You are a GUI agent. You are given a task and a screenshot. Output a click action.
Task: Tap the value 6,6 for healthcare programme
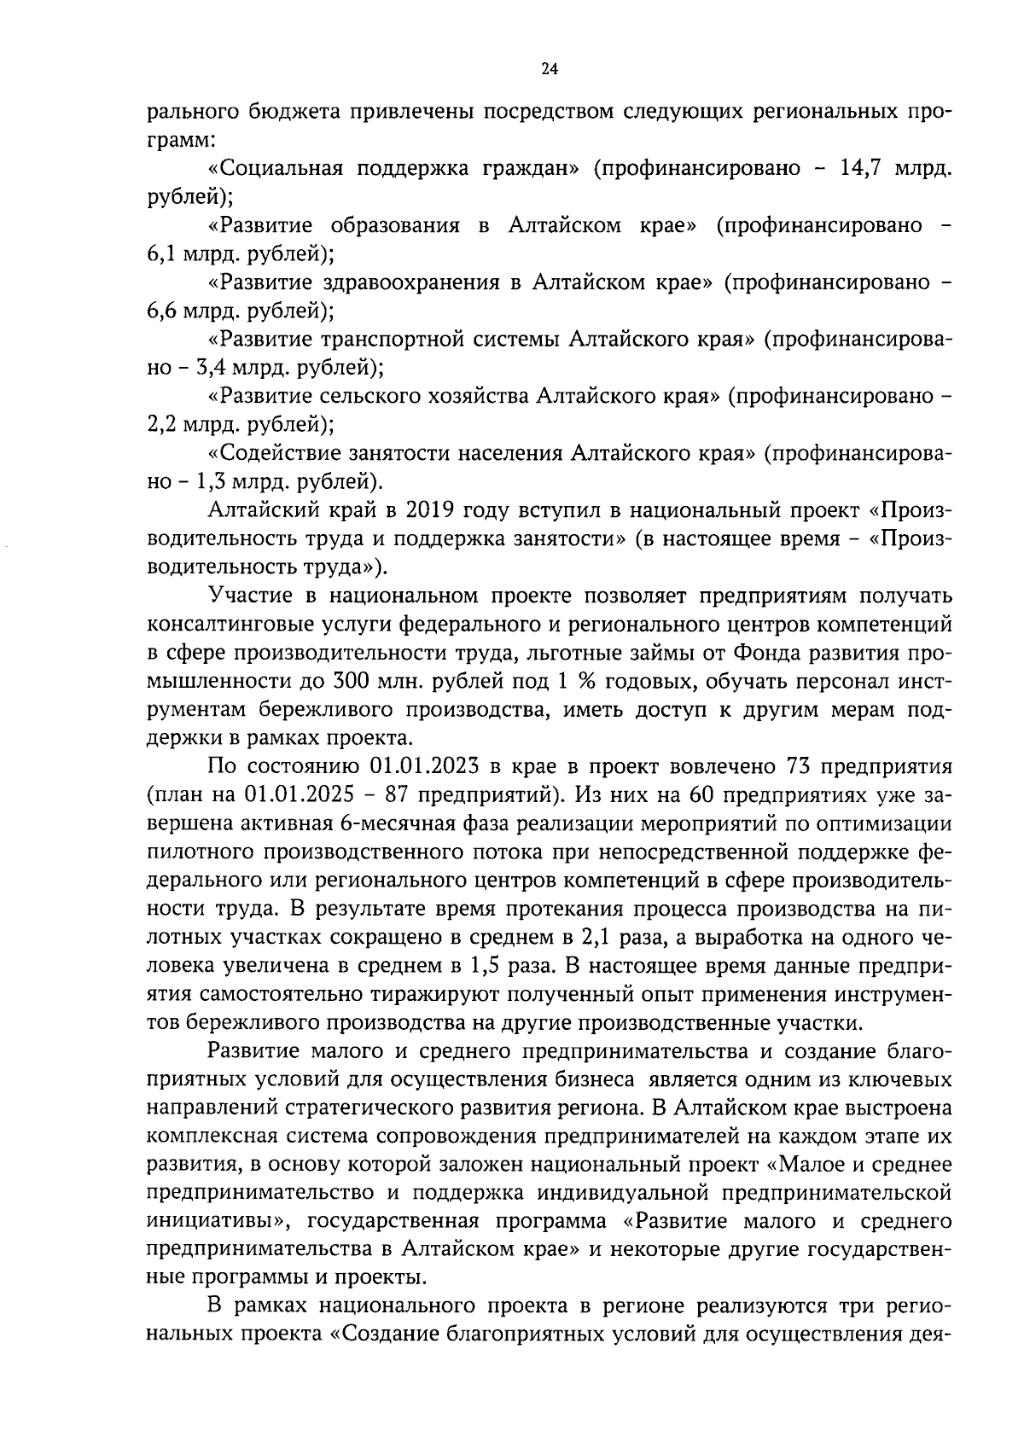(162, 311)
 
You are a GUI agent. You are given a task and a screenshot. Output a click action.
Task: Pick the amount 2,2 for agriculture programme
(162, 424)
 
